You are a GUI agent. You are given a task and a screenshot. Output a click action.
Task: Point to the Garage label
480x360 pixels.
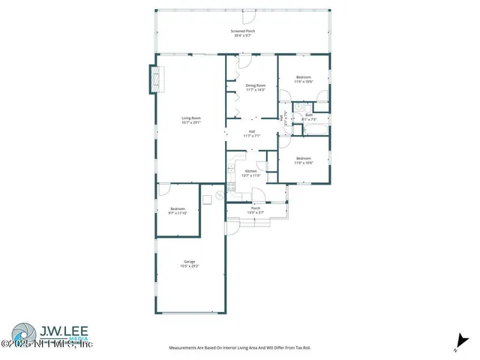(x=188, y=264)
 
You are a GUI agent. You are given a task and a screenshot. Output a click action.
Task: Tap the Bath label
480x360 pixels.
(x=309, y=117)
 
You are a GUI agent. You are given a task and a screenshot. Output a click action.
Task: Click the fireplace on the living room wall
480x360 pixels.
(x=156, y=79)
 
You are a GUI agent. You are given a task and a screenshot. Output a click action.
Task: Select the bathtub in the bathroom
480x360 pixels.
(x=314, y=130)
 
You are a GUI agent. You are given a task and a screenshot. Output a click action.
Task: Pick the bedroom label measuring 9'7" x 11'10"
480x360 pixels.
(x=177, y=210)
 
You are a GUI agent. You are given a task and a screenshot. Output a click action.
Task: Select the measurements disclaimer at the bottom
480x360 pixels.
(x=240, y=348)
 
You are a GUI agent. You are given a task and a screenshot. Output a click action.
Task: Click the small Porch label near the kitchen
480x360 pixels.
(x=256, y=211)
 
